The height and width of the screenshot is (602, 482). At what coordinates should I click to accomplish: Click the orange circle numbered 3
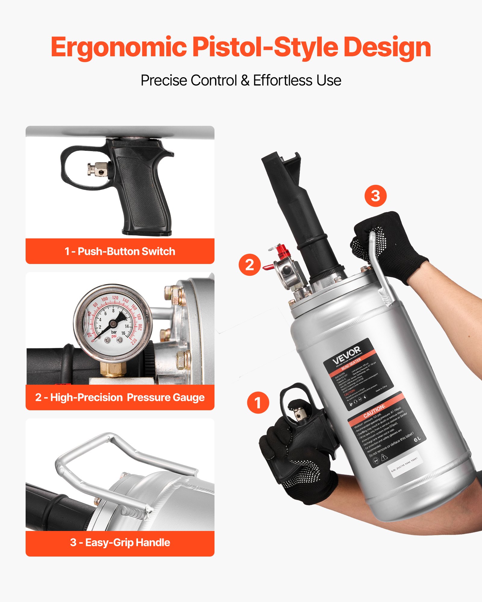point(375,196)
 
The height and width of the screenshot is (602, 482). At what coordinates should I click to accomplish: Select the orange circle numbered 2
point(249,265)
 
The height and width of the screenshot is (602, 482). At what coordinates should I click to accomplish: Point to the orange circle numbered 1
point(258,402)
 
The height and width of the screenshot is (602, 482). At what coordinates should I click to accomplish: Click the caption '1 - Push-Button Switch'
point(120,251)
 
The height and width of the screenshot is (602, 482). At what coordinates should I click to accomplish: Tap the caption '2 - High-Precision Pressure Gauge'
point(120,398)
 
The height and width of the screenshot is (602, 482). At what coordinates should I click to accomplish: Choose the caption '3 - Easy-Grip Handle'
point(120,542)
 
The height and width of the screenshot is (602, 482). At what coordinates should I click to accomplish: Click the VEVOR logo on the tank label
point(346,355)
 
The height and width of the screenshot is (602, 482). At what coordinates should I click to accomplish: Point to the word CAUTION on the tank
point(374,411)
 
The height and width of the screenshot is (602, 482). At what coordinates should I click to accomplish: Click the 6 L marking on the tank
point(417,439)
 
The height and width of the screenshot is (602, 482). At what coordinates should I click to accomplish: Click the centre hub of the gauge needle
point(113,324)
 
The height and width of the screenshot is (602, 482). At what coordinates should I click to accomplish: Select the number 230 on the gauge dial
point(134,341)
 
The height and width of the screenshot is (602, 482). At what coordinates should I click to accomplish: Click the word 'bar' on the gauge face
point(114,332)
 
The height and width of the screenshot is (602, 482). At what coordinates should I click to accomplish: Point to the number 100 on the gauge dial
point(104,299)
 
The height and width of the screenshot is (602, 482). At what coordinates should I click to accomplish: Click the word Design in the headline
point(387,48)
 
